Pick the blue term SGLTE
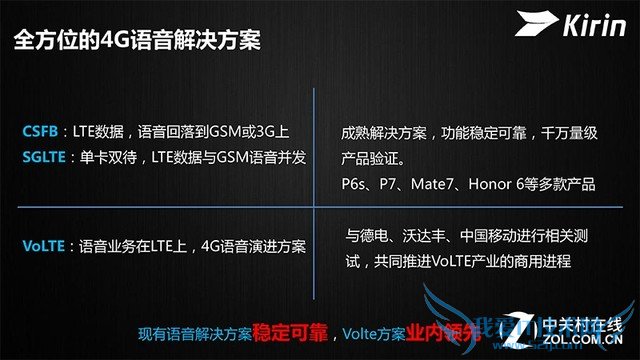point(45,157)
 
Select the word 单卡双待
point(108,157)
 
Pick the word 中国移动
point(486,238)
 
